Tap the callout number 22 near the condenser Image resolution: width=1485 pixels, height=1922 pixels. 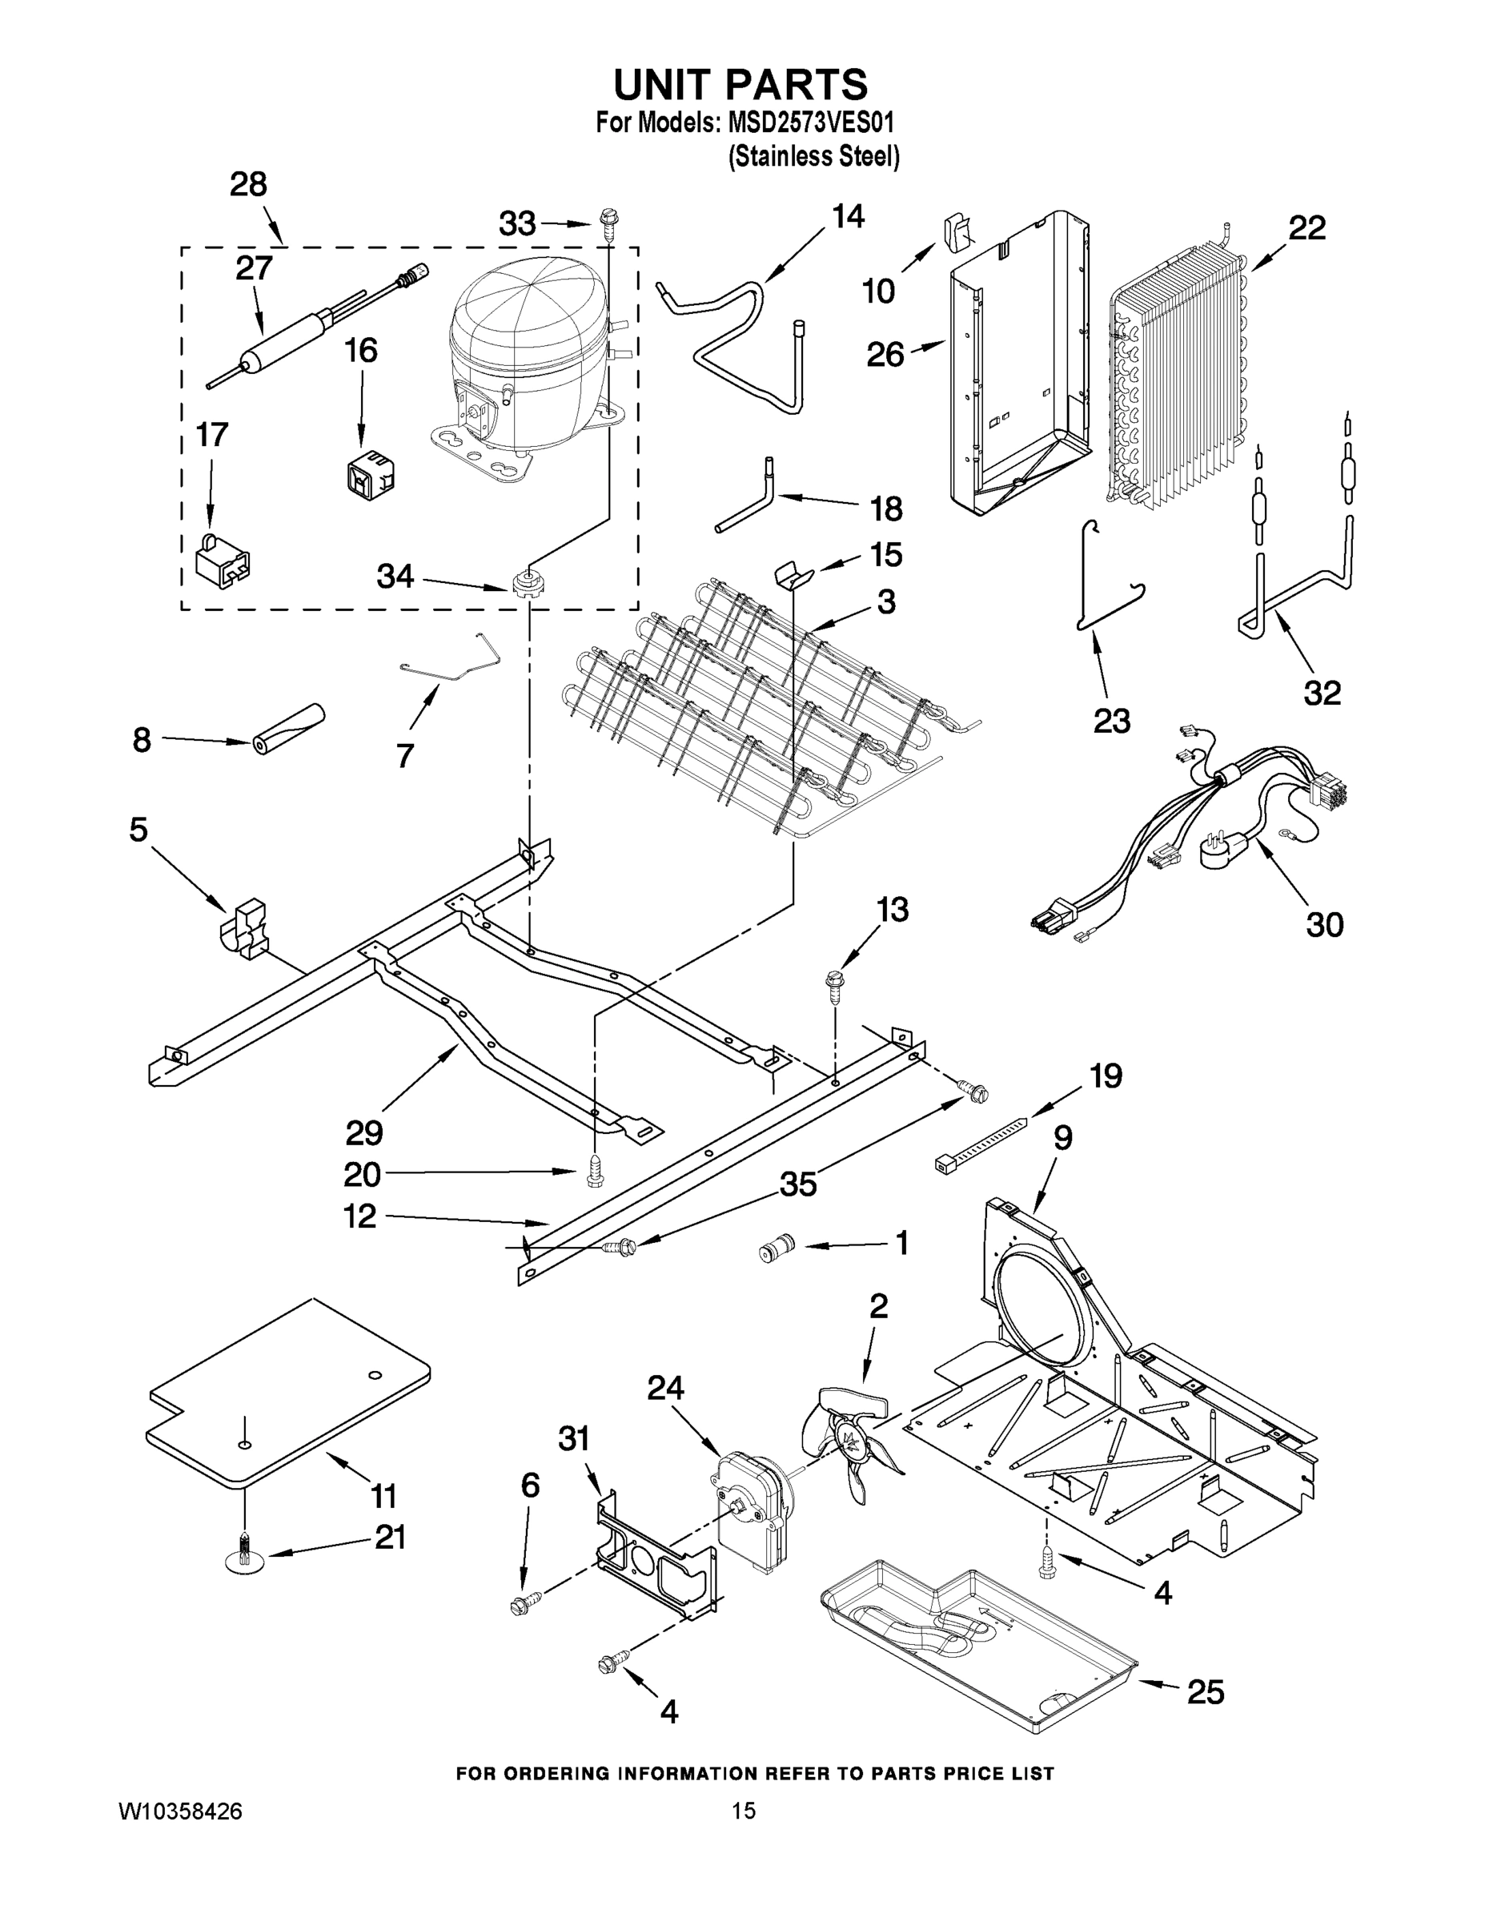[x=1306, y=229]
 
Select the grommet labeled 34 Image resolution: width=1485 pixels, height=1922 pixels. [x=525, y=582]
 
